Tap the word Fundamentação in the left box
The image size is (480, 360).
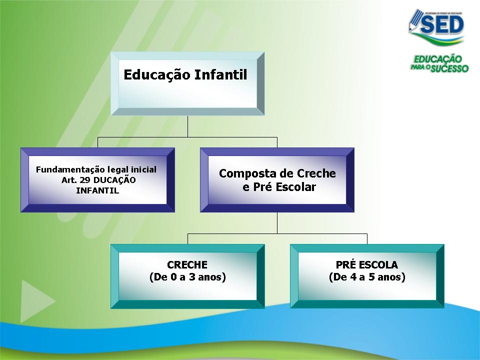(x=67, y=169)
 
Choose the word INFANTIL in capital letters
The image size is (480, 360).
(x=97, y=190)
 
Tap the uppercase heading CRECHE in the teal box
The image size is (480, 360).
(x=187, y=265)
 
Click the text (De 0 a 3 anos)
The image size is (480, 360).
(x=187, y=277)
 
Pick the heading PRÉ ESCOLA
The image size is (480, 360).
(x=367, y=265)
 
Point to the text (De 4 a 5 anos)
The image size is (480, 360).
(x=367, y=277)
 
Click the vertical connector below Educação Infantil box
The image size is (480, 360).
(x=187, y=126)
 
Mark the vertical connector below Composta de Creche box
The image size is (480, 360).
(x=277, y=222)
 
